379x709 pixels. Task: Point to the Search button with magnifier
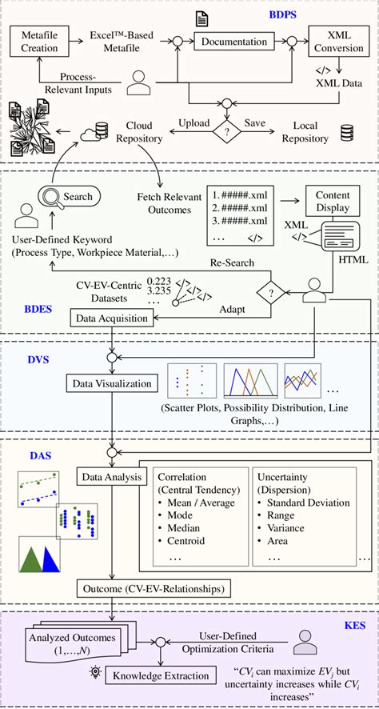pos(68,196)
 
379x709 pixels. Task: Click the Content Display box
pos(333,201)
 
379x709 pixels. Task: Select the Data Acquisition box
pos(112,318)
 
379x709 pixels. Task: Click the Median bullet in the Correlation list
pos(179,528)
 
